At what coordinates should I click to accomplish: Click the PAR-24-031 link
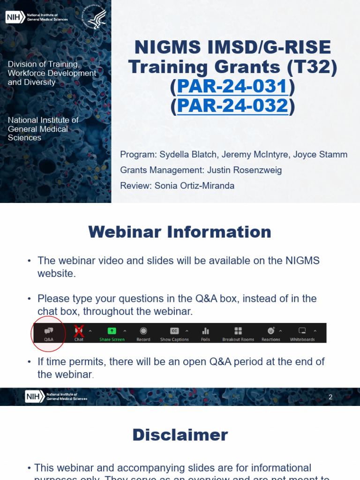coord(232,87)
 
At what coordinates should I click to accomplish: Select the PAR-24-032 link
coord(232,106)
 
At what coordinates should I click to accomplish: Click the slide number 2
coord(330,397)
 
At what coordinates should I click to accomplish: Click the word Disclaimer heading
coord(180,435)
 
